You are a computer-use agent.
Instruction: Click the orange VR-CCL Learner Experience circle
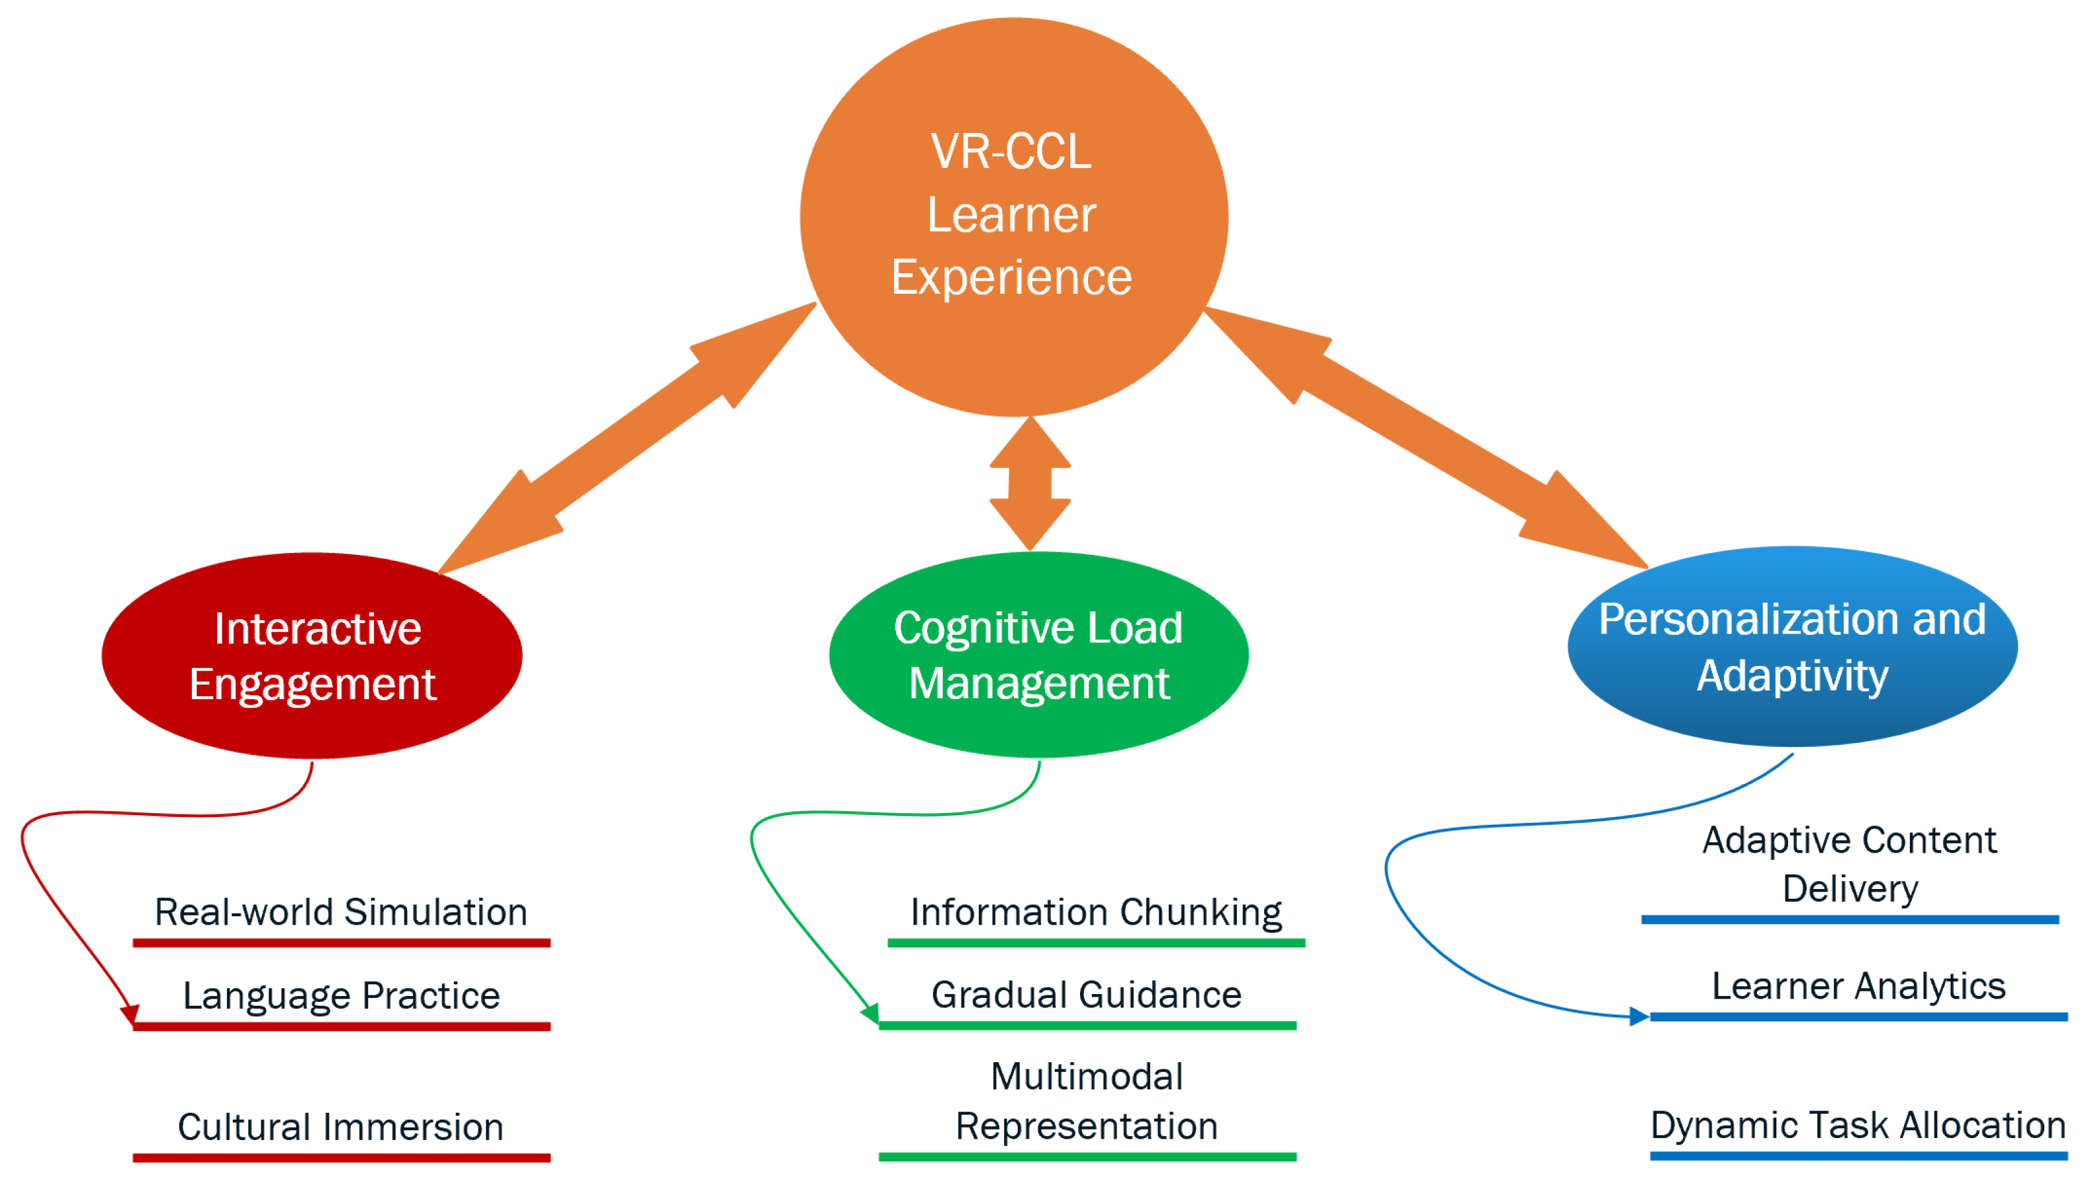tap(1014, 217)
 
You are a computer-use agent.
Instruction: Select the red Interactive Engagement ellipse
tap(312, 656)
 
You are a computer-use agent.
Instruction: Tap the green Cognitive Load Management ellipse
tap(1039, 655)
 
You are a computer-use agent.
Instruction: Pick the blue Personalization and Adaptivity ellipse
tap(1793, 646)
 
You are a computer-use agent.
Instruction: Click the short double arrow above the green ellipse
tap(1030, 484)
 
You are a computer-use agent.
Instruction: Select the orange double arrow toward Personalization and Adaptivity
tap(1425, 438)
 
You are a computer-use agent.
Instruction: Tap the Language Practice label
tap(342, 995)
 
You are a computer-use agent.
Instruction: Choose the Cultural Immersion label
tap(340, 1127)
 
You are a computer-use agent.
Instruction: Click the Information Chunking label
tap(1096, 912)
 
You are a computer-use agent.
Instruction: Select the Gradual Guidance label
tap(1087, 995)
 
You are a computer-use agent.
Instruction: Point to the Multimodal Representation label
tap(1087, 1101)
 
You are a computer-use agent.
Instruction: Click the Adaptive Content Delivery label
tap(1850, 864)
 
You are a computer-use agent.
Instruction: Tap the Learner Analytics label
tap(1858, 986)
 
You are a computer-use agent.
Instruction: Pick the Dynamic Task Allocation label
tap(1858, 1126)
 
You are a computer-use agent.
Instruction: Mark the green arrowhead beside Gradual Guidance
tap(871, 1014)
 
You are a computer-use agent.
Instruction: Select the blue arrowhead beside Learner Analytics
tap(1639, 1017)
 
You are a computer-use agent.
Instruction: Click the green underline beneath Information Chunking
tap(1096, 943)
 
